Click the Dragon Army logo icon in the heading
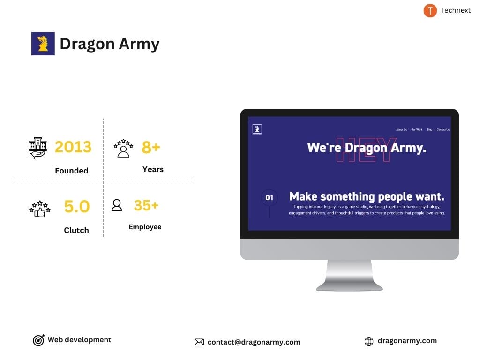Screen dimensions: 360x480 click(43, 44)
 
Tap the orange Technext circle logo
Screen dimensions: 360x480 click(430, 10)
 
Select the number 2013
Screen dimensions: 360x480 click(73, 147)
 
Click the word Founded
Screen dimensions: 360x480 click(71, 171)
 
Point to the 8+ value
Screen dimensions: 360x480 click(151, 147)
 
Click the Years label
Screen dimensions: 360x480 click(153, 169)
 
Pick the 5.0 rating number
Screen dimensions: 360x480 click(76, 206)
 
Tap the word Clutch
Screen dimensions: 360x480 click(76, 230)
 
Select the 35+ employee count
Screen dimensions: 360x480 click(146, 205)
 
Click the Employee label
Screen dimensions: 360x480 click(145, 227)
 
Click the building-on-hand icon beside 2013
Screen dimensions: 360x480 click(38, 148)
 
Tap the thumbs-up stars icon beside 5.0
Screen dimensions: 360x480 click(39, 208)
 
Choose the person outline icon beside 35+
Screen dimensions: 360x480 click(117, 205)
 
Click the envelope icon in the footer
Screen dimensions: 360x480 click(199, 342)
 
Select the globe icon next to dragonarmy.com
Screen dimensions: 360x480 click(369, 342)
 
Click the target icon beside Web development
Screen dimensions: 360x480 click(38, 340)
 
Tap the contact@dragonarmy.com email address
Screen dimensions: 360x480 click(254, 342)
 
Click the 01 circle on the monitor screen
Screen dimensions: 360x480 click(269, 198)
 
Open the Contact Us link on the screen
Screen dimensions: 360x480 click(443, 129)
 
